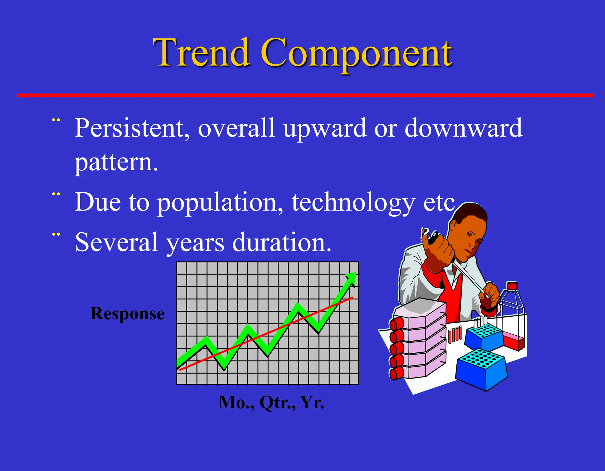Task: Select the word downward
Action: coord(463,128)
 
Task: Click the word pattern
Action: coord(116,163)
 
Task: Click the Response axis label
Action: coord(127,314)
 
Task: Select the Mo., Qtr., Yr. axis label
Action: coord(271,402)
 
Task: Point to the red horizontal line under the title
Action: coord(304,95)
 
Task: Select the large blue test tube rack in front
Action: coord(482,370)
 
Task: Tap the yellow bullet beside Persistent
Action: coord(56,120)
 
